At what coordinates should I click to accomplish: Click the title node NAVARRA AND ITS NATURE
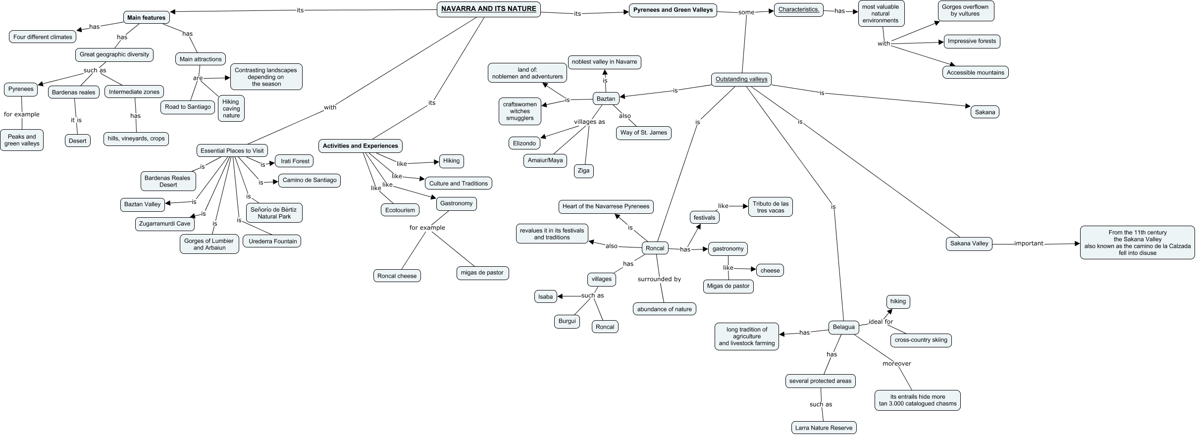488,9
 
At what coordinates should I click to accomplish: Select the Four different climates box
43,37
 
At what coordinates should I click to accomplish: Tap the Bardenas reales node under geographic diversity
74,93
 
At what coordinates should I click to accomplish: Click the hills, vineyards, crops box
136,139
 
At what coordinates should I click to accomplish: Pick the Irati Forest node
295,161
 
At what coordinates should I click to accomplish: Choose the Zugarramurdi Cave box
164,224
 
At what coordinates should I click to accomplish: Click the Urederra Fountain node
272,242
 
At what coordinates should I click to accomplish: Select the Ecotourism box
400,210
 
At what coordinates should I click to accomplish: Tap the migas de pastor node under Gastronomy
482,273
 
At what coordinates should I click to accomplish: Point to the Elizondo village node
524,144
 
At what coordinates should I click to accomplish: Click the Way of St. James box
643,133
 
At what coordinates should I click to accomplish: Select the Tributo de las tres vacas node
770,207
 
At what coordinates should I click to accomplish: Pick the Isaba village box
545,297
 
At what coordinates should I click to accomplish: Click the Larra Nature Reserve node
824,428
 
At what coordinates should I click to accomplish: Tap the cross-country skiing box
921,340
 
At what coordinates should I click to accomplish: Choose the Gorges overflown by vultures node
965,10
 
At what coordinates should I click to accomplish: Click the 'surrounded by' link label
659,279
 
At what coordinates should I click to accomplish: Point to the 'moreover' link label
896,364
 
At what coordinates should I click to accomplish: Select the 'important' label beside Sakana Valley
1029,243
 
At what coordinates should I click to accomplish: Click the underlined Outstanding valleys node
741,79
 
